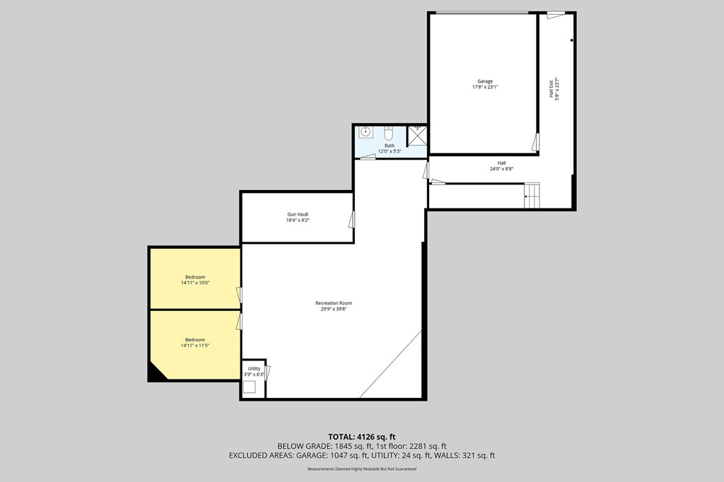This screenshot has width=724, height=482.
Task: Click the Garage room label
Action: [x=485, y=81]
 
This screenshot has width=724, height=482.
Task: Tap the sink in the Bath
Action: [x=366, y=132]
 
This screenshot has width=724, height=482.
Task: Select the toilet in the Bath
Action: [x=388, y=133]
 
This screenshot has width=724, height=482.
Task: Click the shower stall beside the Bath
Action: [x=418, y=135]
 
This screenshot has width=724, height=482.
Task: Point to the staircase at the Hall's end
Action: [x=532, y=195]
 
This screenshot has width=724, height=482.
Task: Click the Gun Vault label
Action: [x=297, y=214]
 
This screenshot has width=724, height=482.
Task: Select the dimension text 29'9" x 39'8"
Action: [x=333, y=309]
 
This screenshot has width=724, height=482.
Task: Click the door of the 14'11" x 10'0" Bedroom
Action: [x=239, y=295]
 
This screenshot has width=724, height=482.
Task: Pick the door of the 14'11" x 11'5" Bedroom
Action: [x=239, y=322]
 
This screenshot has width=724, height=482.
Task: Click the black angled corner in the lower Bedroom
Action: [x=156, y=374]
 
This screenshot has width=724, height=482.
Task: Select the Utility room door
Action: [x=267, y=372]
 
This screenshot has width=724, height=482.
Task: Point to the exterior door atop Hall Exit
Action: [x=556, y=15]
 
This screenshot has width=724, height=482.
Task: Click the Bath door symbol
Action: [x=368, y=158]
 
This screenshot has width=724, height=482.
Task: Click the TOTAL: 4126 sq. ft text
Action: [x=361, y=436]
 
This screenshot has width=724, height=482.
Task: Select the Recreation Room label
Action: [x=333, y=303]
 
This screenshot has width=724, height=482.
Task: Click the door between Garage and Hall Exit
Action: [x=536, y=142]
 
